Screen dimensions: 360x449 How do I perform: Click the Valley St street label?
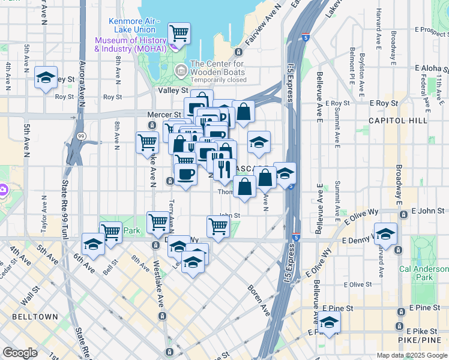pos(173,90)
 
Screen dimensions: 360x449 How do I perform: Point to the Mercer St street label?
pos(164,114)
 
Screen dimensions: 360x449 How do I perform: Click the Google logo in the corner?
pos(20,353)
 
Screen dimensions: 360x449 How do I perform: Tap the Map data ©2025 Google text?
pos(411,355)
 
